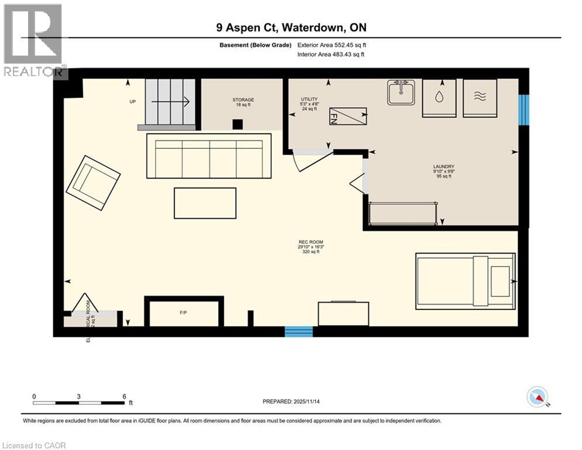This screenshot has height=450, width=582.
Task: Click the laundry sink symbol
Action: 401,92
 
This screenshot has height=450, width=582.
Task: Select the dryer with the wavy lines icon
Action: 480,94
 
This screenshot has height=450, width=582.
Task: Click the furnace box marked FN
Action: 347,117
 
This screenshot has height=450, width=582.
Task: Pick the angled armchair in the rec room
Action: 93,182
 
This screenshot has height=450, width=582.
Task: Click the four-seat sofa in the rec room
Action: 209,156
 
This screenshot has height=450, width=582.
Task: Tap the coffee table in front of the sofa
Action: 205,203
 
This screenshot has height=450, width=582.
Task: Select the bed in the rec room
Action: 465,281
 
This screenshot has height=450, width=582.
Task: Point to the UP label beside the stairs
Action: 132,101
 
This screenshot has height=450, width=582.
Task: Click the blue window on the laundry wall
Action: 524,110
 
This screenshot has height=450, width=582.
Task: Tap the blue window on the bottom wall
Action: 298,332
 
